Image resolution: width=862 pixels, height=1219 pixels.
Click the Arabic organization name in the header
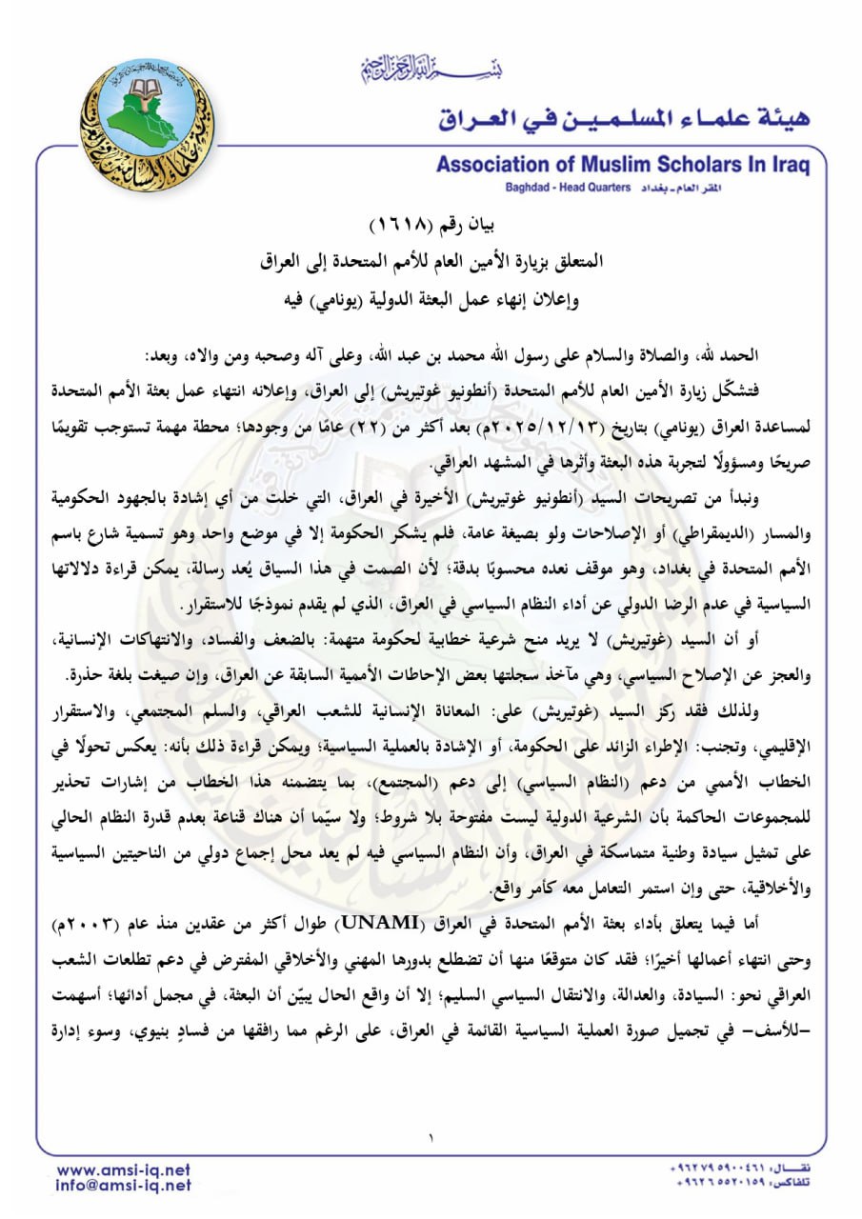pyautogui.click(x=624, y=118)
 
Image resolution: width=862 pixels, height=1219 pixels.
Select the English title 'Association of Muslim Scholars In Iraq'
pyautogui.click(x=623, y=165)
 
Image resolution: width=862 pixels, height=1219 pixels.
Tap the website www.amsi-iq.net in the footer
pyautogui.click(x=124, y=1169)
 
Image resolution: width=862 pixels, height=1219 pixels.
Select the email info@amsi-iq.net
pyautogui.click(x=124, y=1187)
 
